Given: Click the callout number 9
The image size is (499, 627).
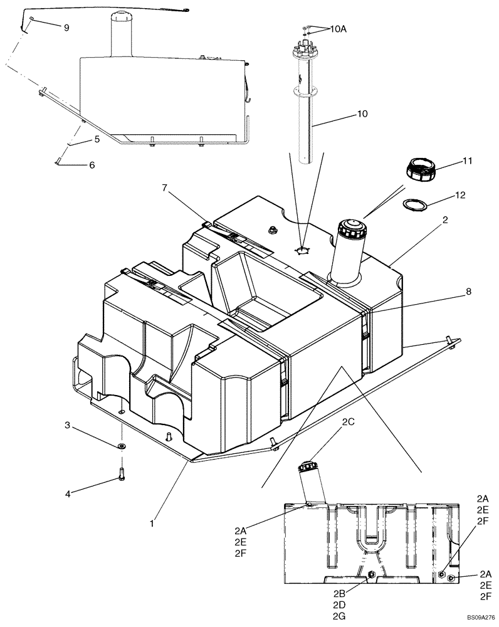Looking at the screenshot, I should click(65, 27).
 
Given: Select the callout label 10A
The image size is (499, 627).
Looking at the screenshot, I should click(338, 28).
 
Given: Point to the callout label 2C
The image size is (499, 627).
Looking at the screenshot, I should click(348, 423).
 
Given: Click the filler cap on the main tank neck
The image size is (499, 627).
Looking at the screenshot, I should click(349, 229).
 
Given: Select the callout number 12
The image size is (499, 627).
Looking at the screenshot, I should click(460, 196).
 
